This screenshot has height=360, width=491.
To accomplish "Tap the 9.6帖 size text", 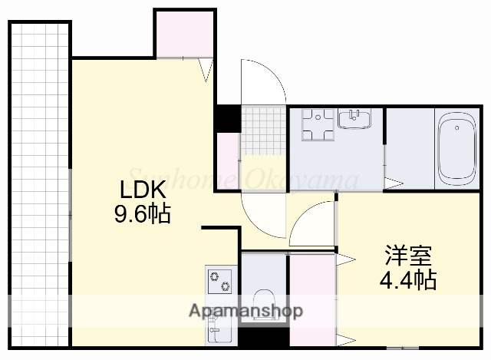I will (143, 213).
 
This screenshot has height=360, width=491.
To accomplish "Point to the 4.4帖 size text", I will (408, 280).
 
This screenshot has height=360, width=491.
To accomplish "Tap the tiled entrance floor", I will (264, 130).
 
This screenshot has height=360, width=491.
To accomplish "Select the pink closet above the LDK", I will (184, 35).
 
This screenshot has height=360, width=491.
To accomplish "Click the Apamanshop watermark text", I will (245, 311).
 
